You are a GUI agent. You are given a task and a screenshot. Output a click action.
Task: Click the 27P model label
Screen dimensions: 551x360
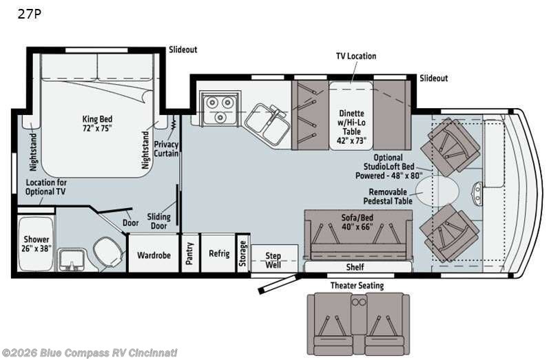30,14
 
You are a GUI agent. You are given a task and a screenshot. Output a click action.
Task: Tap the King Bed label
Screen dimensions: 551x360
97,119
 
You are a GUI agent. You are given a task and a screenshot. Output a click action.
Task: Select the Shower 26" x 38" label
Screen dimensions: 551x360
37,244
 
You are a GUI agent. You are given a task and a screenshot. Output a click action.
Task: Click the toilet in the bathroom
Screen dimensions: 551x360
108,251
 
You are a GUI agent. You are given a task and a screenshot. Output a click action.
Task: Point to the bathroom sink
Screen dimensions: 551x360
72,260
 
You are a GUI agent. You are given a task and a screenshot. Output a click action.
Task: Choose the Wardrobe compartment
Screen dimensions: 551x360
154,253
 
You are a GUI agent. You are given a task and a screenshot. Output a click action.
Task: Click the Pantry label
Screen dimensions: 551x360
189,253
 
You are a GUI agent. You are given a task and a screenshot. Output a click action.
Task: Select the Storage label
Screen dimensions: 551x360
242,253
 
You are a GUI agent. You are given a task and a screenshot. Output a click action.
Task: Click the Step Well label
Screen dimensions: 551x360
273,260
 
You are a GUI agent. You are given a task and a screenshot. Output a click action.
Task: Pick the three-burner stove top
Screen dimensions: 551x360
220,107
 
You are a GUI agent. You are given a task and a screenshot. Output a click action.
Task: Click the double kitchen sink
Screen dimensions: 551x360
268,123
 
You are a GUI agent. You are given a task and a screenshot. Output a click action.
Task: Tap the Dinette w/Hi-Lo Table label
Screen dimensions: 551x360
351,127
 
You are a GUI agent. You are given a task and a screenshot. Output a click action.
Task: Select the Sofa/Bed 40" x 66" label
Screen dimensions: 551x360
357,222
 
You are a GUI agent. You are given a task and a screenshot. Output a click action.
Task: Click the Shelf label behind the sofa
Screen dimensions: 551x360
355,267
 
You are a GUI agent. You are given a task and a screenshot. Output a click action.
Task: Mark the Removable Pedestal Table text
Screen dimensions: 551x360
388,197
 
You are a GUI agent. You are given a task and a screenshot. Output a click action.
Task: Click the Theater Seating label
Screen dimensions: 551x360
357,286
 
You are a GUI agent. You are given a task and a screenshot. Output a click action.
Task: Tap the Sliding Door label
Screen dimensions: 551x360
159,221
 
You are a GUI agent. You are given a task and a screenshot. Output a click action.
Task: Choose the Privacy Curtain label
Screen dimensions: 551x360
166,149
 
